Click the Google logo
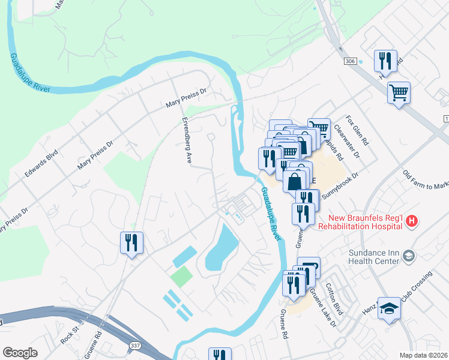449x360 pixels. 20,353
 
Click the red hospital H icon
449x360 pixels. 411,222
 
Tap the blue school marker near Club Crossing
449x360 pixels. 388,307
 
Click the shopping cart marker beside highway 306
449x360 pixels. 399,93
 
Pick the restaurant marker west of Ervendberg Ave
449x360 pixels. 131,242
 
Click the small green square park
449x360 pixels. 182,276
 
